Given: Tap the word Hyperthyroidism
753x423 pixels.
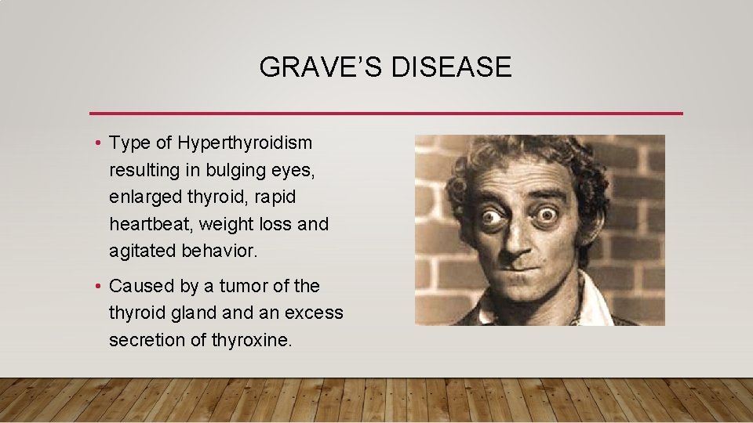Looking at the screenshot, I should click(245, 143).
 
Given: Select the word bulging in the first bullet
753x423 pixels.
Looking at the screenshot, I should click(228, 170).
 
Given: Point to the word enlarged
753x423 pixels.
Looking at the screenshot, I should click(142, 197).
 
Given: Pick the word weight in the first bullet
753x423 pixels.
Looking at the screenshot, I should click(224, 224).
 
